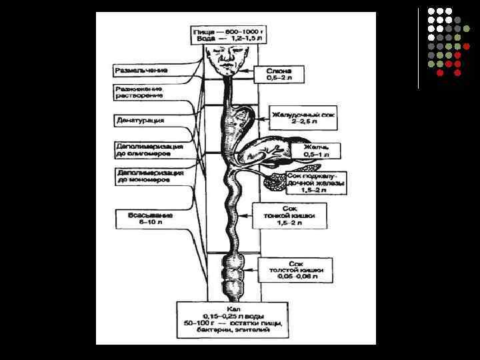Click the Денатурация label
(139, 121)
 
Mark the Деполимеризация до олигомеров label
(149, 149)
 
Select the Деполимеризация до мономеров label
(149, 175)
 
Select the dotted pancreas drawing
(274, 180)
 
